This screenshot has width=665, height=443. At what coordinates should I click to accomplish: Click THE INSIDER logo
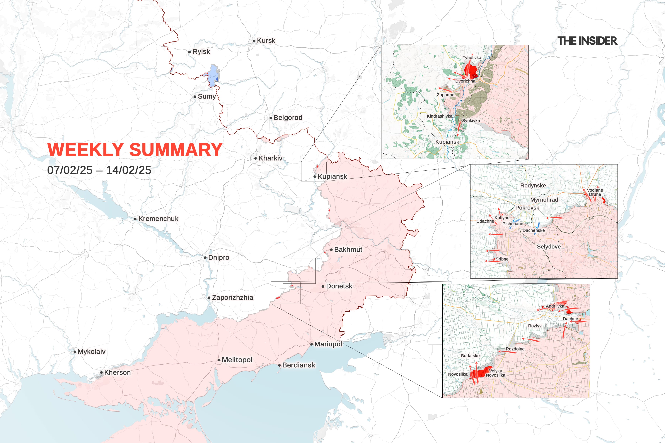(587, 41)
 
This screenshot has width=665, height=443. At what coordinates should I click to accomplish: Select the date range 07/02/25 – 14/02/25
(99, 170)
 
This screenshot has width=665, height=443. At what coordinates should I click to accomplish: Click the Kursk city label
(266, 41)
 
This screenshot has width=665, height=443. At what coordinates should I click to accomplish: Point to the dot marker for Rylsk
(190, 52)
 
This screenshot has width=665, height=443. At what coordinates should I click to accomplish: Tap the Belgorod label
(288, 118)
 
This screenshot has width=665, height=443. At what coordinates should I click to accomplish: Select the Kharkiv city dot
(256, 159)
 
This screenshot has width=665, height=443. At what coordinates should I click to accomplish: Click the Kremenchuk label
(158, 219)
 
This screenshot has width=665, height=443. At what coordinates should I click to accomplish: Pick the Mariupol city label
(328, 344)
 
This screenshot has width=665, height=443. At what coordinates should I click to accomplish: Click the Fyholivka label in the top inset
(472, 58)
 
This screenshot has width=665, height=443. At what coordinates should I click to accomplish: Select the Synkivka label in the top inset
(471, 121)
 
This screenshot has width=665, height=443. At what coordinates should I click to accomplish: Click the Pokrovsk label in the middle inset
(527, 208)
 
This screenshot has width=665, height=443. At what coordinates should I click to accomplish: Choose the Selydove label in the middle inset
(548, 247)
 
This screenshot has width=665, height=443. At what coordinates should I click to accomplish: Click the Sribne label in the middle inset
(502, 259)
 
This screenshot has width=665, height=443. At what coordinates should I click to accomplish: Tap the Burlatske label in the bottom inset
(470, 356)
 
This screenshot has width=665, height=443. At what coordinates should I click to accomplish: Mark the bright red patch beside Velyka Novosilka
(481, 373)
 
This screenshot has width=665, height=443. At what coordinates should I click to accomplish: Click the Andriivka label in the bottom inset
(555, 306)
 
